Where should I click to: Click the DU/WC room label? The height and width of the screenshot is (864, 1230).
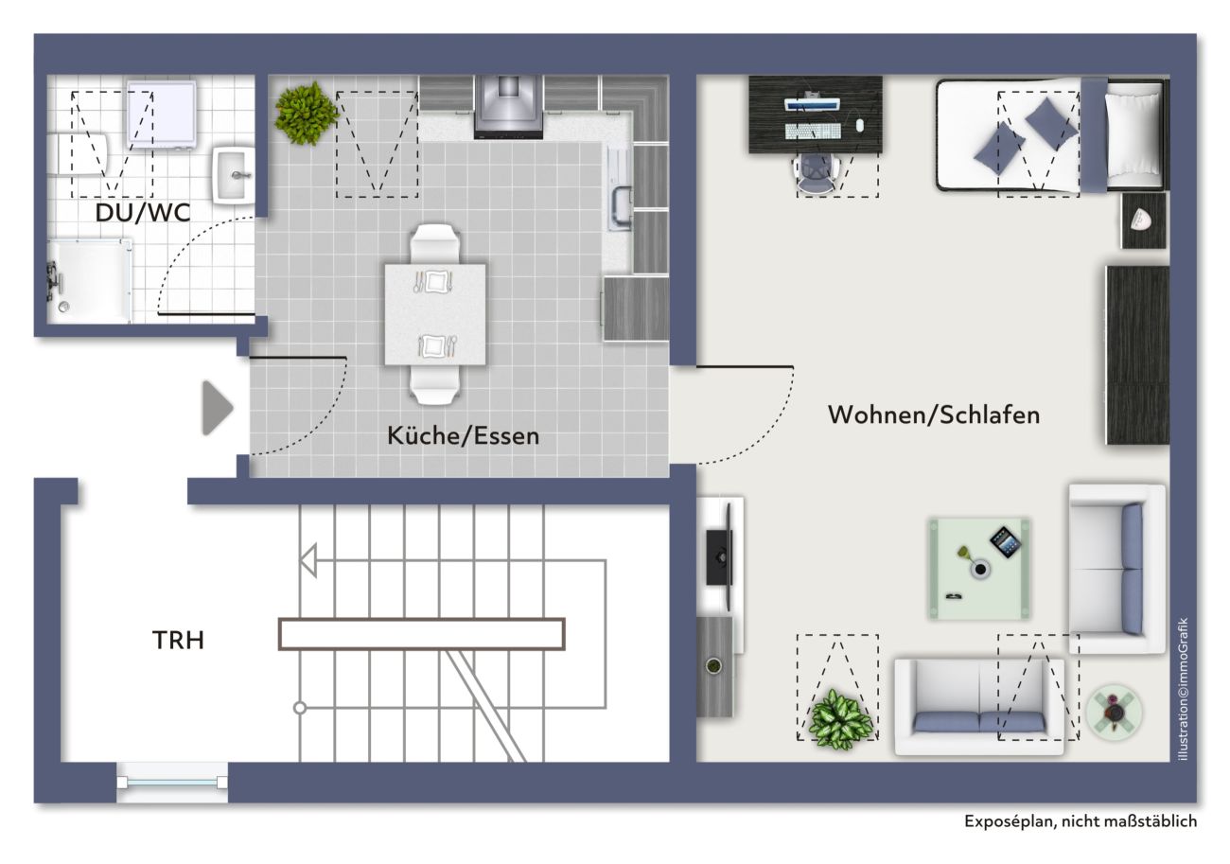click(x=143, y=213)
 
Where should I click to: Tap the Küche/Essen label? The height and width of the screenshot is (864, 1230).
click(x=463, y=435)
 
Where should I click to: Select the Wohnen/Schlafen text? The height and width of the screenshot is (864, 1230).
click(x=934, y=414)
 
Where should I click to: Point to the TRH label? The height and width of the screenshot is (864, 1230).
click(x=178, y=640)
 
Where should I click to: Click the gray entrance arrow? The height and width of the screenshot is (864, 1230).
click(x=218, y=408)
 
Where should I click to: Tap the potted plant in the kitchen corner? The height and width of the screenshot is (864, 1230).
click(x=306, y=114)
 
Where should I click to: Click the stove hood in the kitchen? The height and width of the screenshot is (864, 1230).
click(x=508, y=107)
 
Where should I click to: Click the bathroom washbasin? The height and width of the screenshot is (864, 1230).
click(x=233, y=175)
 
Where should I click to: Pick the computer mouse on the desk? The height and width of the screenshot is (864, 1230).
click(x=859, y=126)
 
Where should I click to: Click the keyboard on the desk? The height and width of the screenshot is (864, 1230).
click(x=813, y=132)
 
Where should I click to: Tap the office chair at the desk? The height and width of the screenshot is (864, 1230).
click(x=816, y=173)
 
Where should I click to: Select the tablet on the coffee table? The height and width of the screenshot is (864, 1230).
click(x=1006, y=542)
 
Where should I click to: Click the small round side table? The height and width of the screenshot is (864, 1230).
click(x=1115, y=713)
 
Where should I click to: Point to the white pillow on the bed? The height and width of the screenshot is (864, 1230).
click(x=1132, y=134)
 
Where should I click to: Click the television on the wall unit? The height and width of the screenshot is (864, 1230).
click(x=720, y=557)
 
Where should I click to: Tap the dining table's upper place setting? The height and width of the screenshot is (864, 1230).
click(x=433, y=282)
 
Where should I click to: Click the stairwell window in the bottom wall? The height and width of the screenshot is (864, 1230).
click(x=172, y=782)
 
